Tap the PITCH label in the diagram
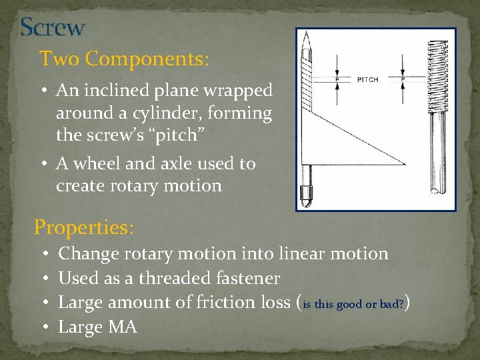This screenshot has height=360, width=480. coord(367,79)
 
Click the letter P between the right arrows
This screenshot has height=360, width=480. coord(402,79)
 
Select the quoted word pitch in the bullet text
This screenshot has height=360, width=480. coord(179,135)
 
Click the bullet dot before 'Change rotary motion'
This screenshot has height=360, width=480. coord(42,255)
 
